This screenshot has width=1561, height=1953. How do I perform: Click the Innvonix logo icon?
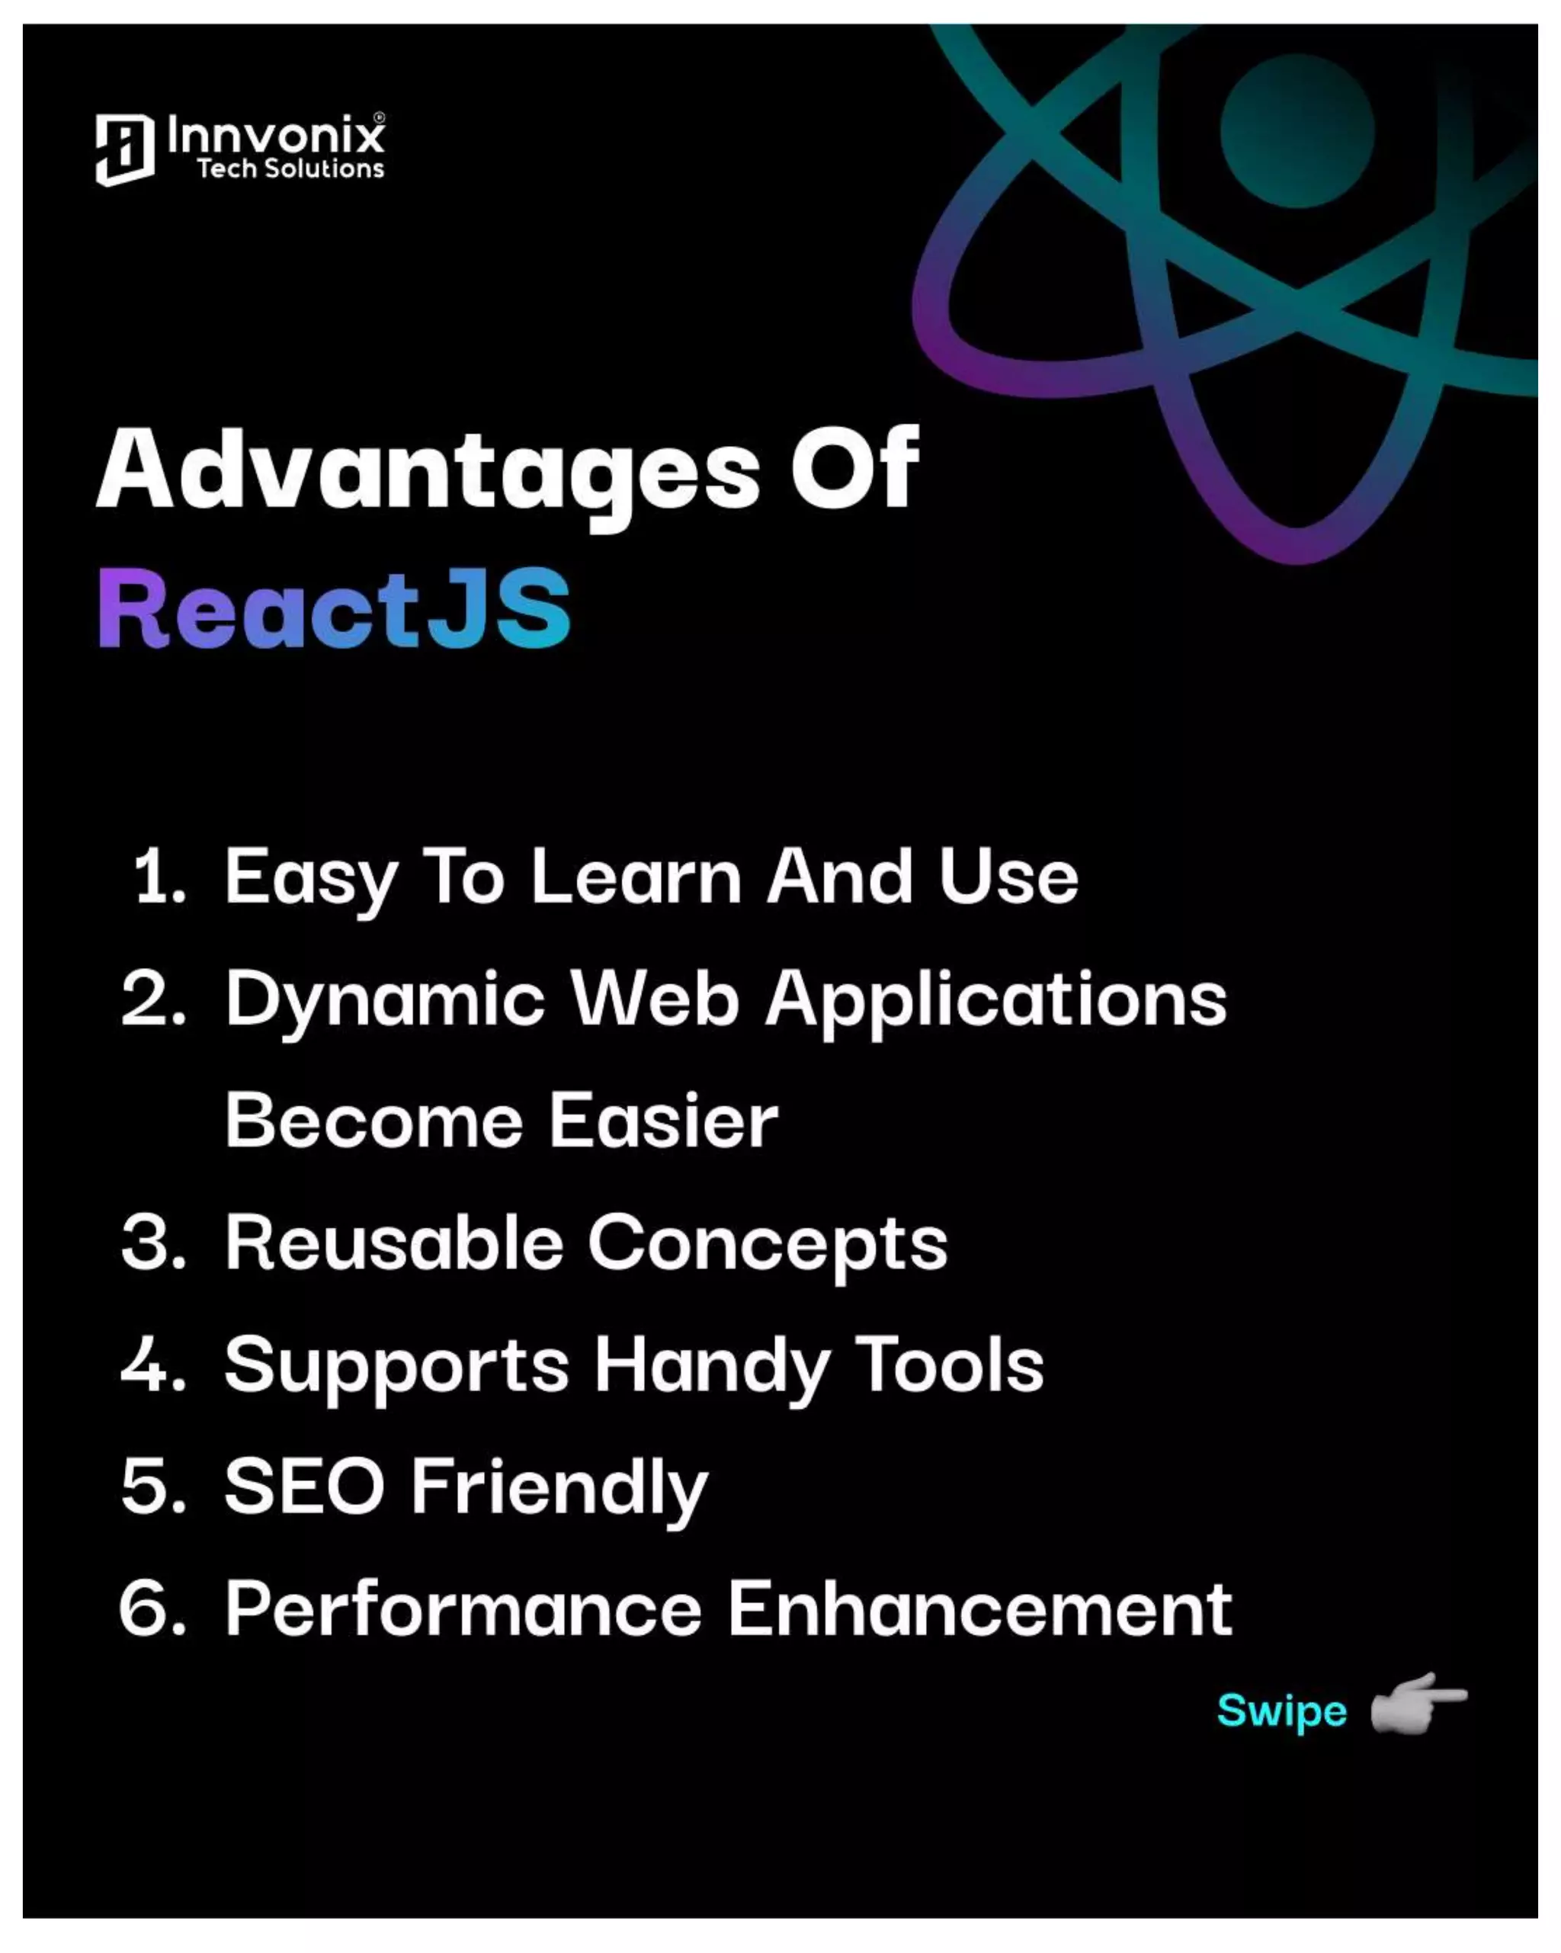click(x=124, y=149)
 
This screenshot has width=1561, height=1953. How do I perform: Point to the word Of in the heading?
click(x=854, y=470)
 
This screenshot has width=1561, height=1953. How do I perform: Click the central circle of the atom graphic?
click(x=1297, y=132)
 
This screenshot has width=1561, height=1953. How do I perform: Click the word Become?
click(x=374, y=1121)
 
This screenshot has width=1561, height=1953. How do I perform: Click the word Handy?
click(x=712, y=1366)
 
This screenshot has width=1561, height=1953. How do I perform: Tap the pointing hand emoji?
click(x=1417, y=1703)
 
